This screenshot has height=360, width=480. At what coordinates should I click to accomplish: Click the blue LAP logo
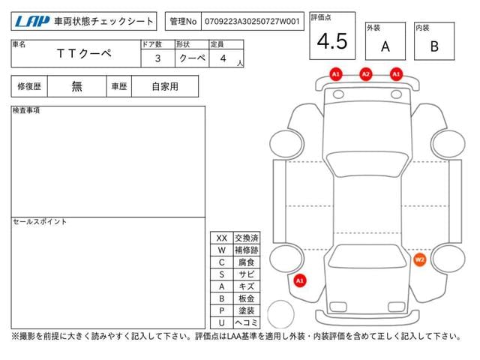coord(31,22)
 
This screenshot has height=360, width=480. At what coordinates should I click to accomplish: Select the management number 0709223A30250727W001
coord(252,22)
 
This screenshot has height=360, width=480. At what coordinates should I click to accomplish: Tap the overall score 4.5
coord(332,41)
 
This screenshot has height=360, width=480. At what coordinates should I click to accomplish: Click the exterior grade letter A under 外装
coord(385,46)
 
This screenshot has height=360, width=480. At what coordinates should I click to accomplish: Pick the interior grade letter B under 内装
coord(434,46)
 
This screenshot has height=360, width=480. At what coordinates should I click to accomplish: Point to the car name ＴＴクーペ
coord(84,53)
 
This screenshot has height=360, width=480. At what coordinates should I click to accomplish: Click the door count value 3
coord(157,58)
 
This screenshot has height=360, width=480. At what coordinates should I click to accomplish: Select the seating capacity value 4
coord(223,58)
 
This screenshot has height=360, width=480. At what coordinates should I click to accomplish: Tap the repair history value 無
coord(76,86)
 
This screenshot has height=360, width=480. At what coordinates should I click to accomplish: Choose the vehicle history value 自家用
coord(165,87)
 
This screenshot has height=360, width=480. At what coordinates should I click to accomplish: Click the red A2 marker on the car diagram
coord(366,74)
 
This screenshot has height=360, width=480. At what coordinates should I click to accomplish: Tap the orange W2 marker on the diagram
coord(419,260)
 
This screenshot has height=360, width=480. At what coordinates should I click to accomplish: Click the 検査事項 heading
coord(26,110)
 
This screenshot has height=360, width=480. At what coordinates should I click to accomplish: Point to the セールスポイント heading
coord(40,222)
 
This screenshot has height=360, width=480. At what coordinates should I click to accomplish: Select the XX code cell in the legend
coord(222,238)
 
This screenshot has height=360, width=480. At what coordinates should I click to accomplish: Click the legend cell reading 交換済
coord(247,238)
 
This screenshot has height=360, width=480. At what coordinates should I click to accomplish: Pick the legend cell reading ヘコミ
coord(247,322)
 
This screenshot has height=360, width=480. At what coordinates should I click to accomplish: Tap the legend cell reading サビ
coord(247,274)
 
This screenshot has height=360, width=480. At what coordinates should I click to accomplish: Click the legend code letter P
coord(222,310)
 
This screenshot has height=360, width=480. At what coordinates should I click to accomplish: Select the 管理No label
coord(183,22)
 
